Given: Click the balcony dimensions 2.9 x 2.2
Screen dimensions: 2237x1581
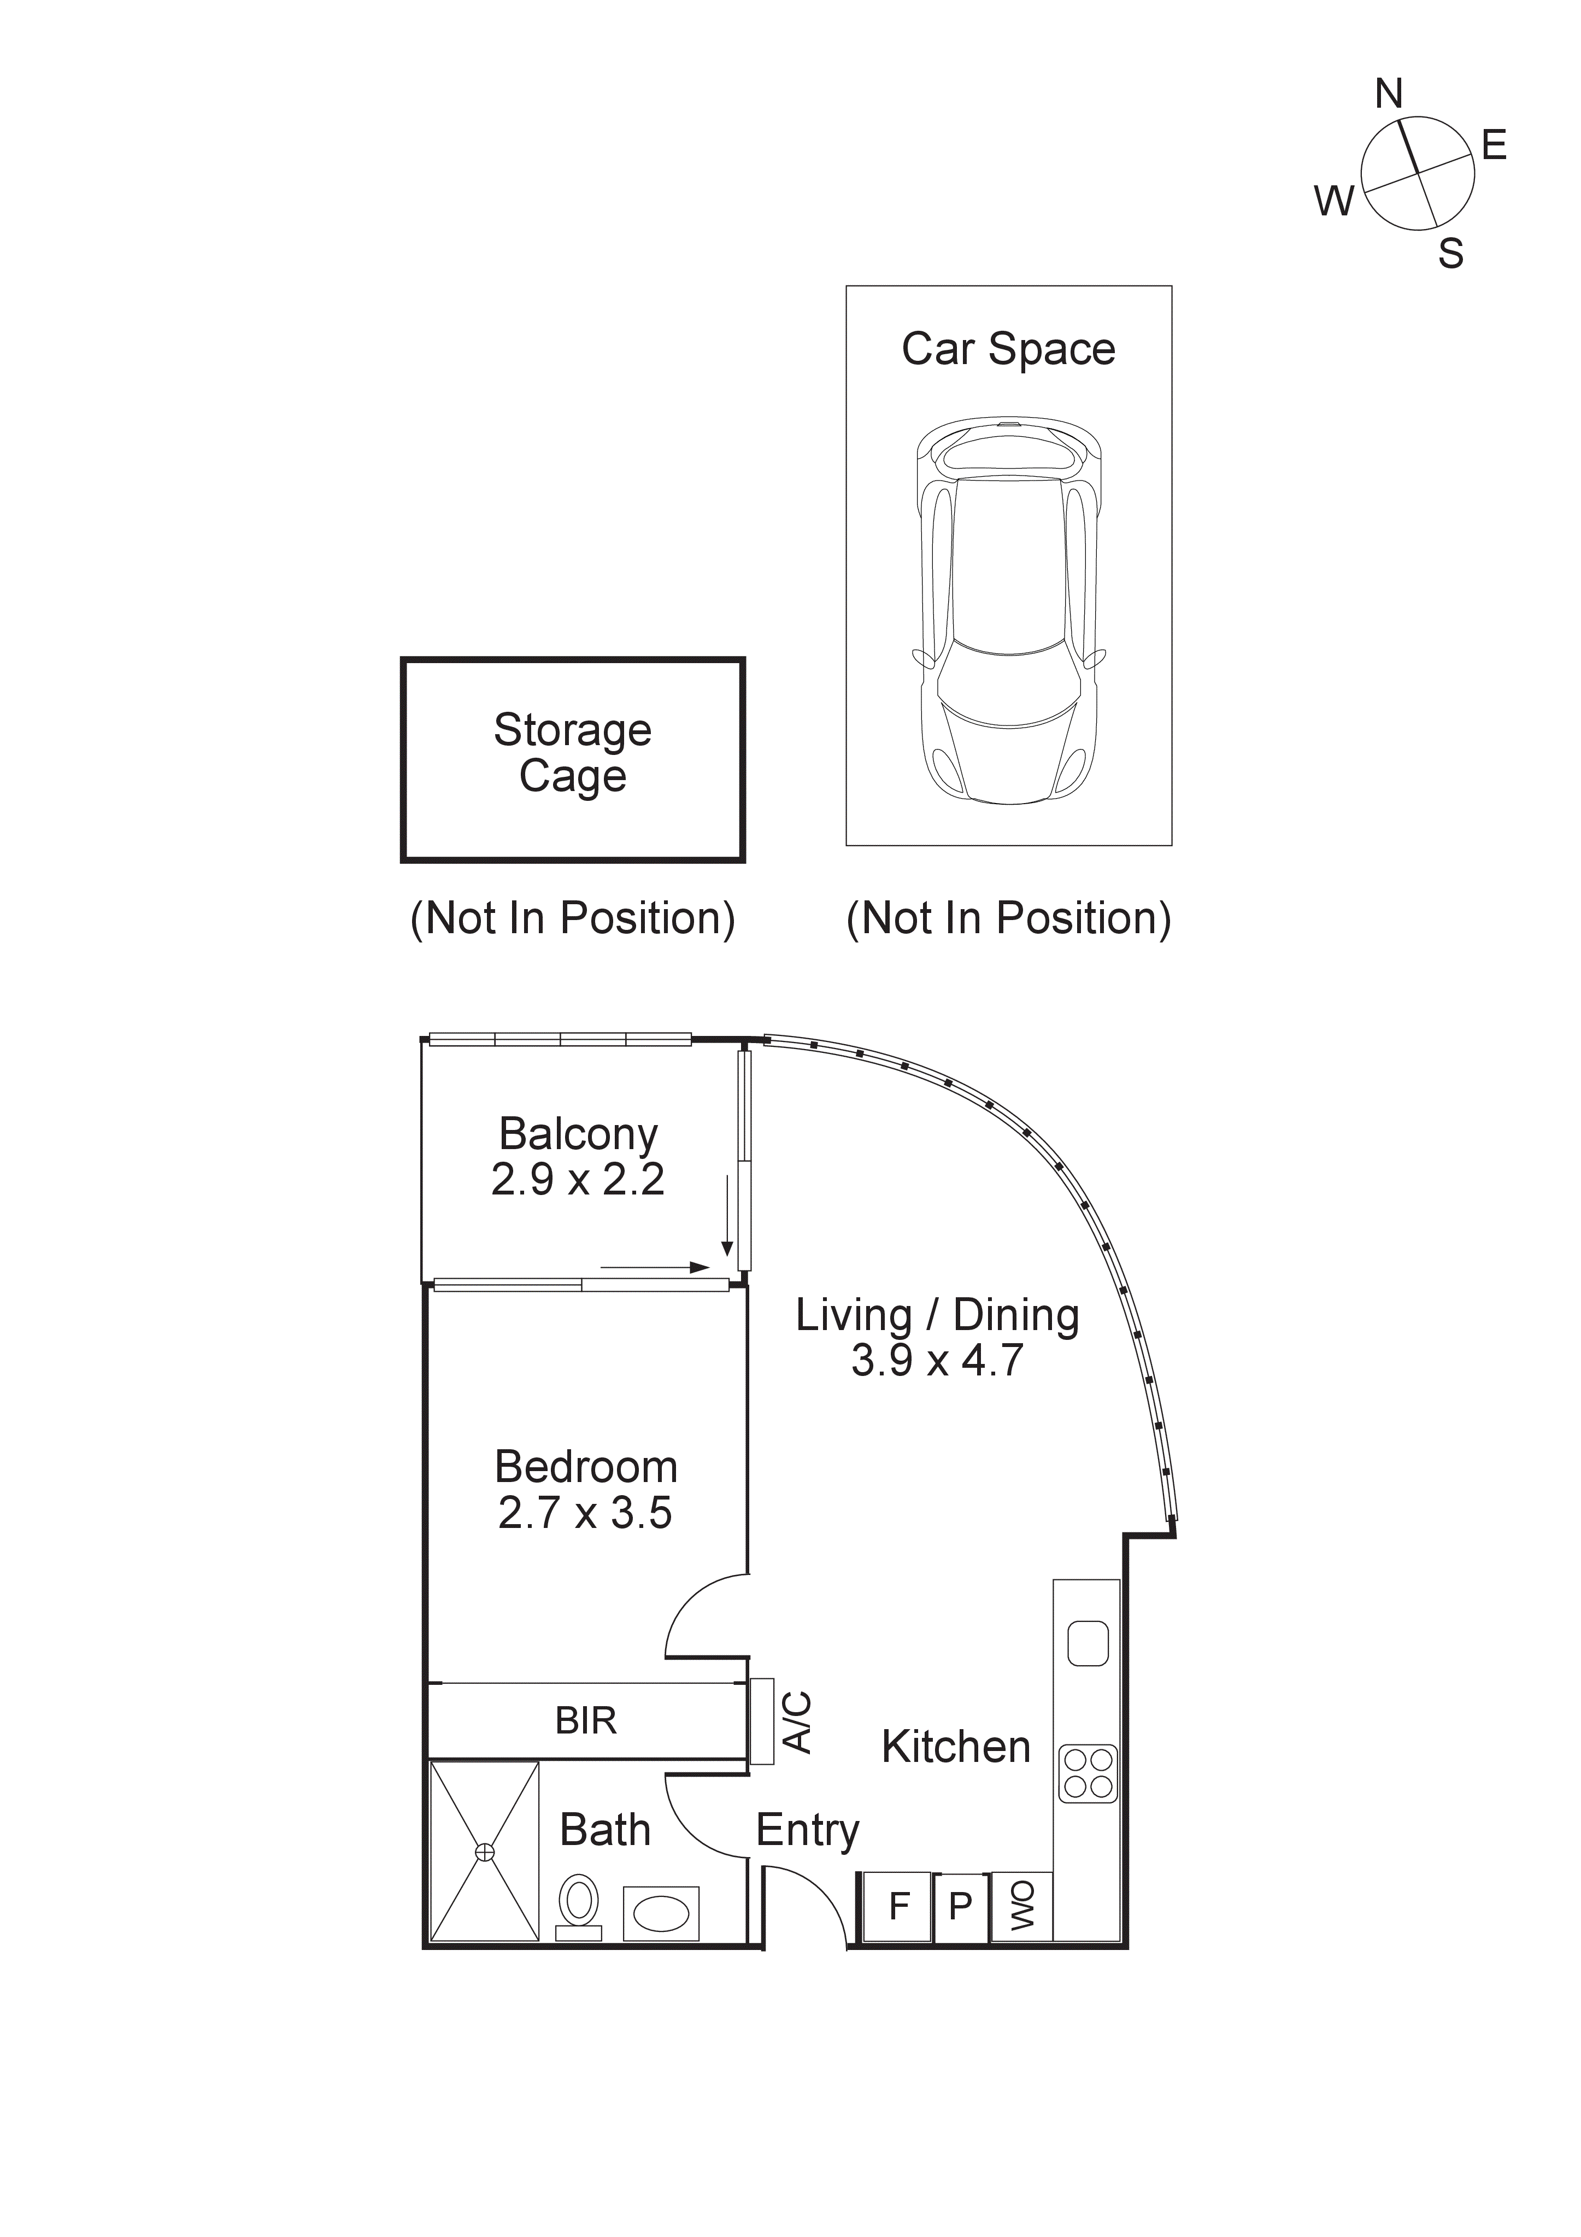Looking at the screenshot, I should (578, 1180).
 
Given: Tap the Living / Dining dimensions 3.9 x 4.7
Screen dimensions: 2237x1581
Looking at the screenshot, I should (937, 1360).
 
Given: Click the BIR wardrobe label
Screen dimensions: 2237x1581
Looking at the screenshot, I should (585, 1720).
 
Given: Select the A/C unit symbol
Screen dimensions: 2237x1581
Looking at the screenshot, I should (762, 1720).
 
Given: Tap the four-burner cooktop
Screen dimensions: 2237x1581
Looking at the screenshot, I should (1087, 1773).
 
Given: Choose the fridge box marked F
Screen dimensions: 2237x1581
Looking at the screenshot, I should (897, 1906).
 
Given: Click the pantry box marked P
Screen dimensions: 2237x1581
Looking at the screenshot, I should (961, 1906).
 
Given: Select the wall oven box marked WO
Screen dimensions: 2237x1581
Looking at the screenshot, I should (1021, 1906).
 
